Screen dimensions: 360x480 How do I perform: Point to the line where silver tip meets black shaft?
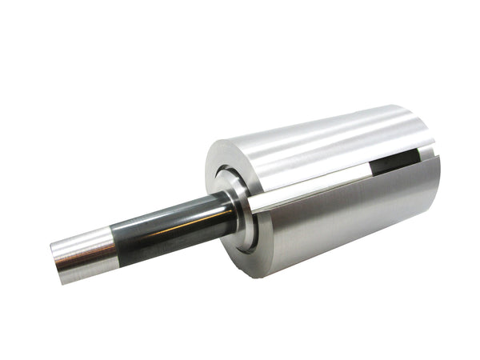click(x=112, y=243)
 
